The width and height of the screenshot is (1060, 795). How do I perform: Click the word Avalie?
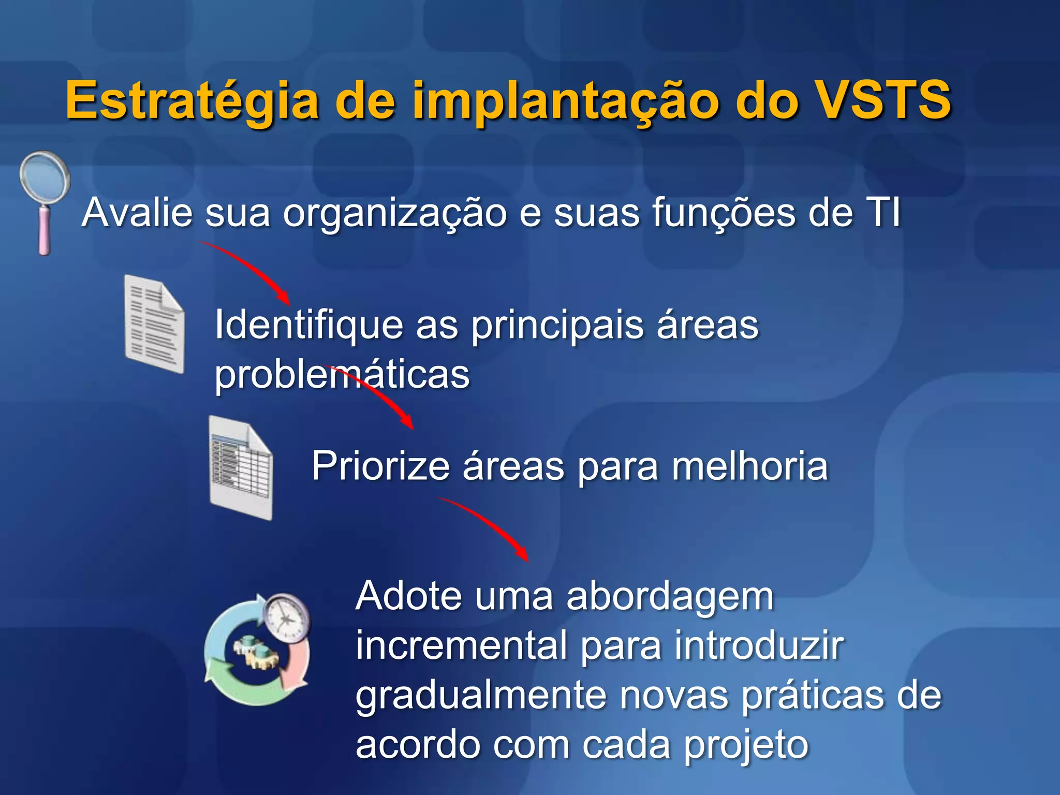pos(137,212)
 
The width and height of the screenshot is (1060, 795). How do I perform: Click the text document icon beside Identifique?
pos(154,324)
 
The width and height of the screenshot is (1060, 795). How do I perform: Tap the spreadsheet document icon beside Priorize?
pos(241,467)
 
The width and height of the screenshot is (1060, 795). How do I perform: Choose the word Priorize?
pos(380,466)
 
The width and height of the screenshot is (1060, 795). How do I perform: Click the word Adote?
pos(408,596)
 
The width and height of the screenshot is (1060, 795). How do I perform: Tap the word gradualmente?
pos(481,697)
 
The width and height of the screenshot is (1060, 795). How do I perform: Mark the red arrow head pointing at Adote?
pos(523,555)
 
